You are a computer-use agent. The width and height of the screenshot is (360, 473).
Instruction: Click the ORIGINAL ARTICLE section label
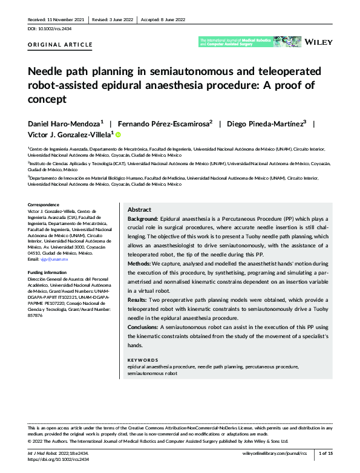click(x=61, y=45)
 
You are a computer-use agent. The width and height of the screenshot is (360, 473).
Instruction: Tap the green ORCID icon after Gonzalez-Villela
click(x=118, y=135)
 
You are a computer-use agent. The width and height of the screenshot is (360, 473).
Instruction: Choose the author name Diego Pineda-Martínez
click(x=263, y=123)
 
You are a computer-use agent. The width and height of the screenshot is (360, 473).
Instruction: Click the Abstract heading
click(x=140, y=208)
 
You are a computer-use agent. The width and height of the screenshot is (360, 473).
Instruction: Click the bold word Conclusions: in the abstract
click(x=142, y=327)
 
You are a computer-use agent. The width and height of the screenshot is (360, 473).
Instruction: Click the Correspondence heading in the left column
click(x=46, y=205)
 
